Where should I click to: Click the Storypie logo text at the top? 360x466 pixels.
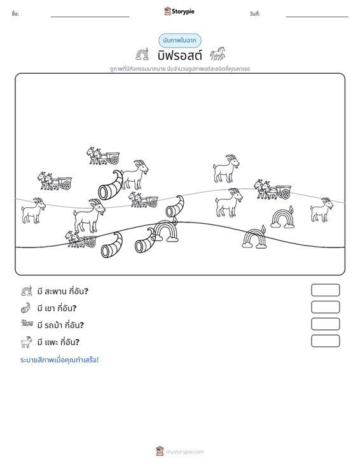click(183, 11)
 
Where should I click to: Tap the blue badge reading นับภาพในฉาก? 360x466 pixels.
click(180, 41)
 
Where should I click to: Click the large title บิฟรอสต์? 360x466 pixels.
click(180, 55)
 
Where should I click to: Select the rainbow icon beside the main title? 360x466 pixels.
click(142, 54)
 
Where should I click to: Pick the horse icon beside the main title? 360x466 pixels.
click(218, 54)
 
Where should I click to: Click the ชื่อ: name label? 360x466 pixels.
click(15, 14)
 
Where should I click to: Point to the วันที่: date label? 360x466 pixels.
click(255, 14)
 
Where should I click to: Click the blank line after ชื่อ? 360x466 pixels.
click(90, 17)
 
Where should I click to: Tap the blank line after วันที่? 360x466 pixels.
click(317, 17)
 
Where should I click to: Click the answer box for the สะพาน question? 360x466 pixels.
click(325, 290)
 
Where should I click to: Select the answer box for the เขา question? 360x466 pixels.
click(325, 307)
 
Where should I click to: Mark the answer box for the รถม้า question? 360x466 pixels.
click(325, 324)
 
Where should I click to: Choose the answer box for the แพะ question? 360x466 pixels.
click(325, 341)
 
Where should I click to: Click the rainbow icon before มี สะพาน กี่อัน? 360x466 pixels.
click(27, 291)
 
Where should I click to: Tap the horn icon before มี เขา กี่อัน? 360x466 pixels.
click(26, 308)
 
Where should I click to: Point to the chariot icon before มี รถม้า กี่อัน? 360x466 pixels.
click(27, 324)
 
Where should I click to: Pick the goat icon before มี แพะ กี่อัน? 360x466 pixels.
click(27, 342)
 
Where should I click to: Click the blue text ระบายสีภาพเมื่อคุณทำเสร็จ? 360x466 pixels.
click(59, 360)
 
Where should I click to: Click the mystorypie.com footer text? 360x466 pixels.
click(185, 452)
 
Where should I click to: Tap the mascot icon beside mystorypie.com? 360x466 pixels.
click(160, 451)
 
